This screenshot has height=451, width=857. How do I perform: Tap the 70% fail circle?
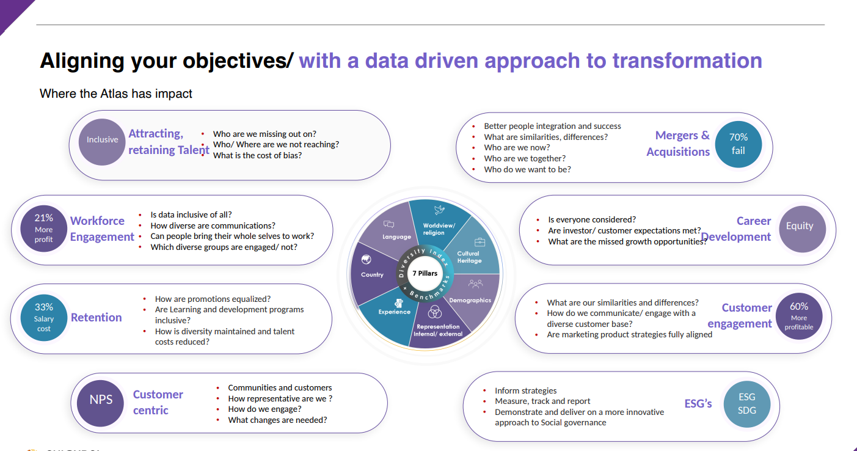click(738, 144)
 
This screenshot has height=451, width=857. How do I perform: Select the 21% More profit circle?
click(43, 229)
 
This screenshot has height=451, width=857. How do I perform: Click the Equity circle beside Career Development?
click(800, 227)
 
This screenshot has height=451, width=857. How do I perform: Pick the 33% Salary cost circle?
click(43, 318)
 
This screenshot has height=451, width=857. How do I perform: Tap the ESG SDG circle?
click(746, 403)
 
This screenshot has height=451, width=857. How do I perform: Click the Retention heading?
click(96, 317)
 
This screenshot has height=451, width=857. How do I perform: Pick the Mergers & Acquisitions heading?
click(678, 144)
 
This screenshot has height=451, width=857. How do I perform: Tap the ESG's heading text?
click(698, 403)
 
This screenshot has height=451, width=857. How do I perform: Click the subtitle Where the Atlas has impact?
click(116, 94)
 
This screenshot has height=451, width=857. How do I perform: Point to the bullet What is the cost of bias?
click(257, 155)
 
